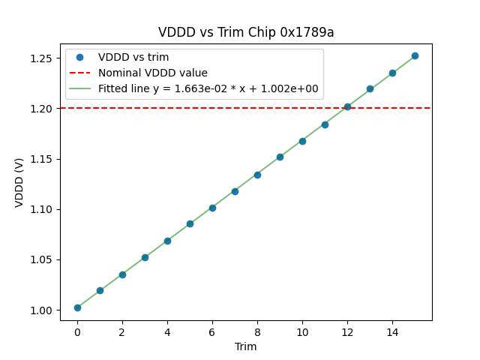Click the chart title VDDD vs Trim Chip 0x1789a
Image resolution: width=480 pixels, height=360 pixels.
point(246,32)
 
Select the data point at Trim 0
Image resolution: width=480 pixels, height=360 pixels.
point(77,307)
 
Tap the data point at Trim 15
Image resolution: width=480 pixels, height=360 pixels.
point(415,55)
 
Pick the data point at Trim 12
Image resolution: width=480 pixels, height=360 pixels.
point(347,106)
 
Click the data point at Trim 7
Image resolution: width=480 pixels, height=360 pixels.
point(235,191)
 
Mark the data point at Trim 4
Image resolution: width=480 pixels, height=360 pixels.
point(167,241)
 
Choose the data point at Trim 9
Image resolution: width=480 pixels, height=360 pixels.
point(280,157)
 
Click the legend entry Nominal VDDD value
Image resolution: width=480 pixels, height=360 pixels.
point(152,73)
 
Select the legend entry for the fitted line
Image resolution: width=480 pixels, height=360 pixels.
point(208,88)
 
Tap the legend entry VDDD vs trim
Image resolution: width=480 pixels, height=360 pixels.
point(133,57)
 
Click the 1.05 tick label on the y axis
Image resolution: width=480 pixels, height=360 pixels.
point(43,260)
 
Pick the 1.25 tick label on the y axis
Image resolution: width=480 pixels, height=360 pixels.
point(43,58)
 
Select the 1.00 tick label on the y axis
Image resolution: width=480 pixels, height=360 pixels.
point(43,310)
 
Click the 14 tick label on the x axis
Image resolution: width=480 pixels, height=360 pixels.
point(392,331)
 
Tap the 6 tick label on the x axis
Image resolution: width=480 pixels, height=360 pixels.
point(212,331)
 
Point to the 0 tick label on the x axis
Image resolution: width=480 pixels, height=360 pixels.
point(77,331)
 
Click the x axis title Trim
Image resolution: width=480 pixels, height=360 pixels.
point(246,346)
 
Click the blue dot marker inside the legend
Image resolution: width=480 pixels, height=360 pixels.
point(79,57)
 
